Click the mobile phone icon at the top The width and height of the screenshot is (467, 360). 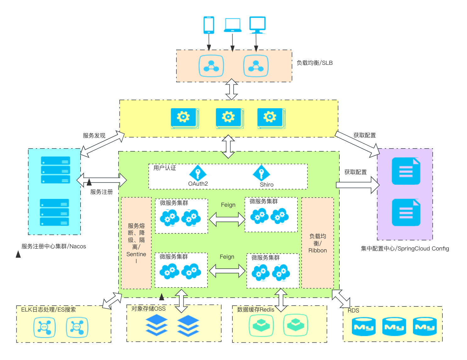(x=208, y=25)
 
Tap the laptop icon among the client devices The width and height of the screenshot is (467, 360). (x=232, y=25)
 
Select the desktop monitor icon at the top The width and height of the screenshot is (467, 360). (x=257, y=25)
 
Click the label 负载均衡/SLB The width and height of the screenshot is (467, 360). (x=314, y=63)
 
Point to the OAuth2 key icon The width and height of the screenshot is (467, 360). (x=198, y=173)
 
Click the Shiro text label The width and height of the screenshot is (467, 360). (x=266, y=184)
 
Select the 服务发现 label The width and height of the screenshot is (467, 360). (x=94, y=136)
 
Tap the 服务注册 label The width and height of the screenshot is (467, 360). (x=101, y=192)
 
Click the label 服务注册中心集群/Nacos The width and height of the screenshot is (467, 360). (x=53, y=246)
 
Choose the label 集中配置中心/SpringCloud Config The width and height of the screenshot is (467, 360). (x=405, y=248)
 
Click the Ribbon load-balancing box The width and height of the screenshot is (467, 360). (x=317, y=243)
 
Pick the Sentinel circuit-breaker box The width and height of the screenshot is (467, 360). (x=136, y=243)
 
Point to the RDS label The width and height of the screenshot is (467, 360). (x=353, y=310)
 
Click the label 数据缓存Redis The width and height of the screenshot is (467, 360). (x=256, y=309)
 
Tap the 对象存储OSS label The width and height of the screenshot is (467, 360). (x=148, y=309)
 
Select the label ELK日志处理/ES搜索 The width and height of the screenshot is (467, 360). (x=48, y=309)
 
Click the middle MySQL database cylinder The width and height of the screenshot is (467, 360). (x=394, y=326)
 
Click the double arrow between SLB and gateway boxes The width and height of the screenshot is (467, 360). (x=231, y=89)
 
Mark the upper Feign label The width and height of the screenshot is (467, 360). (x=228, y=205)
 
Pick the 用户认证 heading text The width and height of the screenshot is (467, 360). (x=164, y=168)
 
